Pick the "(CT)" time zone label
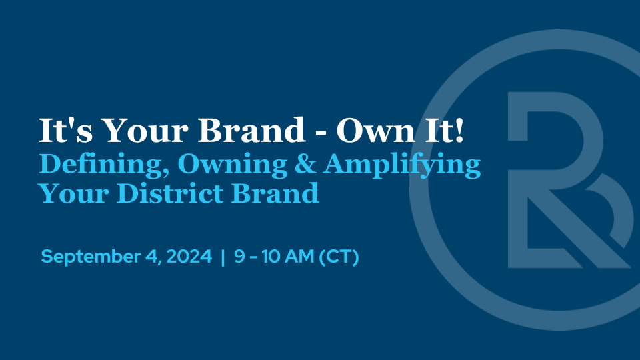pos(339,257)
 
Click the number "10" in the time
pos(270,257)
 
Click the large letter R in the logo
pos(560,180)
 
